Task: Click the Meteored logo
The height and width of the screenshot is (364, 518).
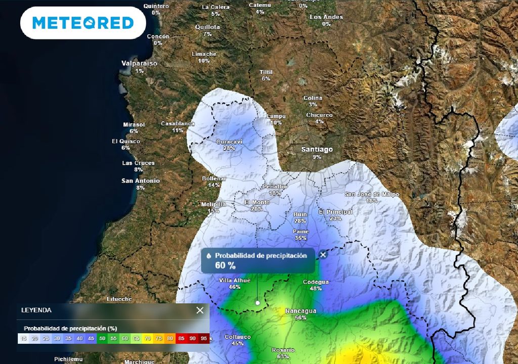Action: [83, 23]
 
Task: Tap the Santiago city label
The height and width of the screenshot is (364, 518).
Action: [317, 149]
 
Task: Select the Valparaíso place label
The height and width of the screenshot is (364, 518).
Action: [139, 63]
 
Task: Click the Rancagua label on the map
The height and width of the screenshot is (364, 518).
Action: [300, 310]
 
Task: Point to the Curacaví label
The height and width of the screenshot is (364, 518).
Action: [229, 142]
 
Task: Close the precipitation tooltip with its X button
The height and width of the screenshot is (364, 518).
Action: [323, 255]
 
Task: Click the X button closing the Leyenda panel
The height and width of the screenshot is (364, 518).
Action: [200, 310]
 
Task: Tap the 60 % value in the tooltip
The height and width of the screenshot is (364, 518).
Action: [225, 266]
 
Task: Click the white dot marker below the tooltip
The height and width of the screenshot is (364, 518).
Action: [257, 303]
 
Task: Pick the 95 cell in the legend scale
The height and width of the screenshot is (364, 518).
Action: [204, 338]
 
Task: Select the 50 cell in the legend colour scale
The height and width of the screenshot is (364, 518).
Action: [102, 338]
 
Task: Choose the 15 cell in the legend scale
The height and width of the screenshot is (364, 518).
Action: [22, 338]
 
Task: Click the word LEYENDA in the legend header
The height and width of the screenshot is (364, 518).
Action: [36, 310]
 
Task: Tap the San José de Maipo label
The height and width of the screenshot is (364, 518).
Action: [372, 194]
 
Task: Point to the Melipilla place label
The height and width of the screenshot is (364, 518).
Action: [213, 204]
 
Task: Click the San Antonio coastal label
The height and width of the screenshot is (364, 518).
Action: [141, 180]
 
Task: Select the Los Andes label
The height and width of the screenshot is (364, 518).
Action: [326, 17]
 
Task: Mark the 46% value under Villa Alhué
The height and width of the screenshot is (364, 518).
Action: [234, 287]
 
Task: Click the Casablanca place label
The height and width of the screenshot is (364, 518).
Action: [178, 123]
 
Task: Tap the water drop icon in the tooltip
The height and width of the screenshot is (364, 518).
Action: [208, 256]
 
